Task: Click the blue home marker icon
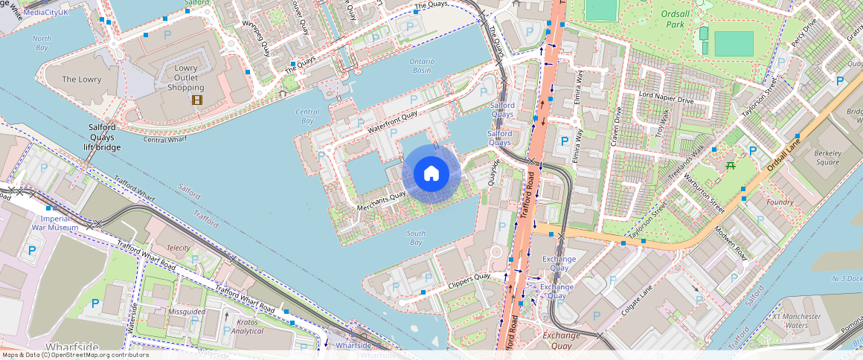click(x=431, y=174)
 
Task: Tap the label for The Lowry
click(x=81, y=80)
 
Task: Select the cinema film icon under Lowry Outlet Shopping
click(x=196, y=100)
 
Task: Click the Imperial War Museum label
click(x=55, y=223)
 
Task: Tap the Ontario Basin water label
click(x=421, y=65)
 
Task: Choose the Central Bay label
click(x=307, y=116)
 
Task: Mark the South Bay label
click(x=416, y=238)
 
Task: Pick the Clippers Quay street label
click(x=469, y=282)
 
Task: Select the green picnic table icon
click(x=731, y=165)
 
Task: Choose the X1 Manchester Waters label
click(x=795, y=321)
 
